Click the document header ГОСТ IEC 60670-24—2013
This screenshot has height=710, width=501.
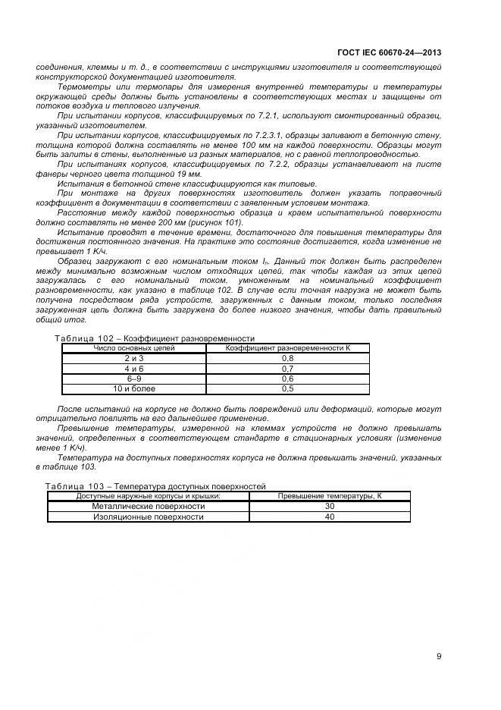tap(388, 52)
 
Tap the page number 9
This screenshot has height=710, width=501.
tap(439, 656)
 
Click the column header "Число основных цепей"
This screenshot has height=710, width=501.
tap(133, 347)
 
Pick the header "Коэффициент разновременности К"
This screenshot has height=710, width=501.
tap(287, 347)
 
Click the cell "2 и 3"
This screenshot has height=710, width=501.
tap(133, 358)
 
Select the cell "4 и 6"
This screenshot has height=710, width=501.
tap(133, 368)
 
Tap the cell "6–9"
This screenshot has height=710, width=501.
tap(133, 378)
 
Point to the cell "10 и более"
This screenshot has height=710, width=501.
tap(133, 388)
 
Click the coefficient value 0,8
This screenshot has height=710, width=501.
tap(287, 358)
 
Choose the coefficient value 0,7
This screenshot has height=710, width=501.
tap(287, 368)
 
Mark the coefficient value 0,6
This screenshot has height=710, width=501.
tap(287, 378)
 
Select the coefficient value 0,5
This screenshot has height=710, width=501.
tap(287, 388)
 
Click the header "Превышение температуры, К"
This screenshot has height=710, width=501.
tap(329, 495)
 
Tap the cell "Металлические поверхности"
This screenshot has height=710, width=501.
tap(149, 506)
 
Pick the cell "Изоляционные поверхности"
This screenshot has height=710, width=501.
tap(149, 517)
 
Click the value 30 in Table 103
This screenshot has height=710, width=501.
tap(329, 506)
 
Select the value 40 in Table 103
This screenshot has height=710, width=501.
tap(329, 517)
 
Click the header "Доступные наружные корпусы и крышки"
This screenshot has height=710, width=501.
tap(149, 495)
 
